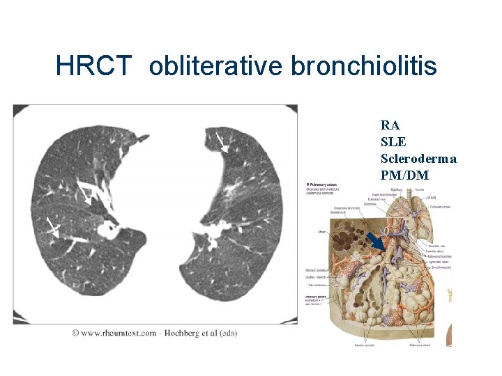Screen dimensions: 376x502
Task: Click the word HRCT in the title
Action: (x=93, y=66)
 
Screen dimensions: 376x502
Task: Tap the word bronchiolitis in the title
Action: (x=363, y=66)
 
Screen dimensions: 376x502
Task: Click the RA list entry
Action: (x=390, y=125)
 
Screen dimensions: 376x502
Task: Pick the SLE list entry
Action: (x=393, y=142)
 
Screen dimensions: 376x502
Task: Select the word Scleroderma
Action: (x=418, y=159)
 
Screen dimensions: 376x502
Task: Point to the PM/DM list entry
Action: (x=404, y=175)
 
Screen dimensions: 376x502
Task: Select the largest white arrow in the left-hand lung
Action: (x=84, y=193)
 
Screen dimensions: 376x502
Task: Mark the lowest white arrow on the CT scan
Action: (x=51, y=226)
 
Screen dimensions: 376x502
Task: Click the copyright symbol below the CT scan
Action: (x=74, y=333)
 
